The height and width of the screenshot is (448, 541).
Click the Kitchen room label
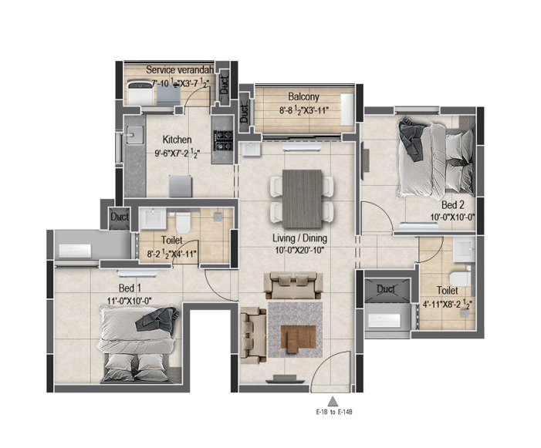[x=177, y=140]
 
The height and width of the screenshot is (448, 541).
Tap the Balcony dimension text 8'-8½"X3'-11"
[x=303, y=110]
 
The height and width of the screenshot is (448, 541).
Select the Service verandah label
[x=180, y=69]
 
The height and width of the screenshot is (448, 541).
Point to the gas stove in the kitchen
[x=224, y=141]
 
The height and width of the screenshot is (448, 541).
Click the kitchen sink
[x=135, y=135]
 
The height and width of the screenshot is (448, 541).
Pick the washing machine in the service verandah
[x=140, y=92]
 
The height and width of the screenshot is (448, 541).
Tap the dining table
[x=303, y=198]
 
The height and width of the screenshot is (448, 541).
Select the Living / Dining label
[x=299, y=238]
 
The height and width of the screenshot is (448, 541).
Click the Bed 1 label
[x=130, y=288]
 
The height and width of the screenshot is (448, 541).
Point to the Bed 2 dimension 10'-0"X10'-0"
[x=452, y=217]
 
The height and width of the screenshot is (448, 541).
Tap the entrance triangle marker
[x=333, y=402]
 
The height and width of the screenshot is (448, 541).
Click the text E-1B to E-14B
[x=334, y=412]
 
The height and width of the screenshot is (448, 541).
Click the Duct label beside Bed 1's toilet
[x=120, y=217]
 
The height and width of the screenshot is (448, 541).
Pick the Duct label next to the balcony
[x=244, y=113]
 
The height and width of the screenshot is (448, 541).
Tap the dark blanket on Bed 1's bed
[x=158, y=319]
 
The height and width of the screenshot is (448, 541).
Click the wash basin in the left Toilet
[x=153, y=219]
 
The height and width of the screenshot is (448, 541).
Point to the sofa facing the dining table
[x=293, y=285]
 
